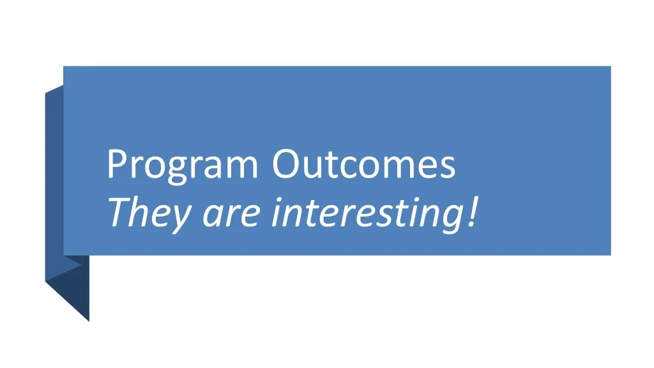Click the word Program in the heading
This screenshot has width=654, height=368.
(x=183, y=165)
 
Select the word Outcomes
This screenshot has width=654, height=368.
(x=363, y=164)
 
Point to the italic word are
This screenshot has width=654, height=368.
(x=231, y=215)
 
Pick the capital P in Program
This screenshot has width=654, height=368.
(x=118, y=164)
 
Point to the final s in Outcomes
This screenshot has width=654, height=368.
(x=446, y=168)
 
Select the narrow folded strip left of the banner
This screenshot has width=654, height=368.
(x=54, y=183)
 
